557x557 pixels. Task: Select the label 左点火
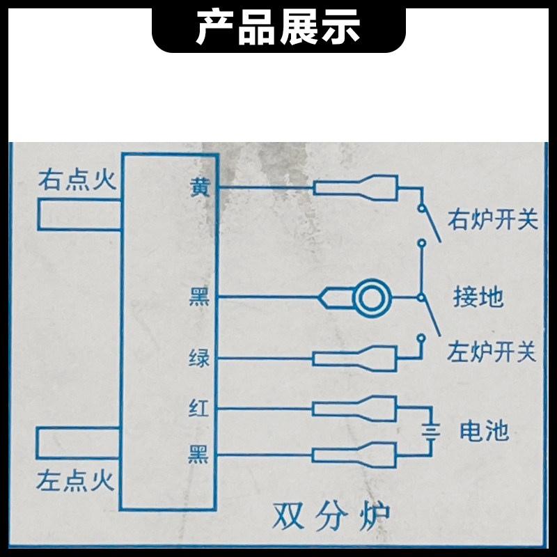point(77,480)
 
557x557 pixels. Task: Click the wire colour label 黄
point(198,187)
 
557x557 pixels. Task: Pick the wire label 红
point(198,407)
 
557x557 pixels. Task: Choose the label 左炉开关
point(492,352)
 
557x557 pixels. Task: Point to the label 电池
point(484,432)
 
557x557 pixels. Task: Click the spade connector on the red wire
point(355,407)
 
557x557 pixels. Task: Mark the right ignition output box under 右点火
point(80,214)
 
